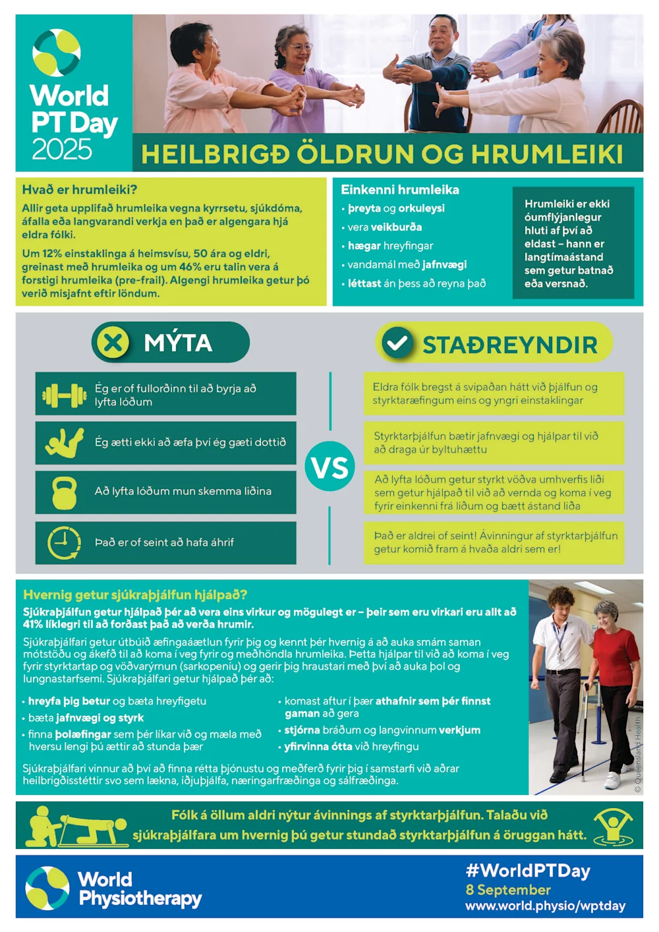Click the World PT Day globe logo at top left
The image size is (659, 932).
pyautogui.click(x=57, y=53)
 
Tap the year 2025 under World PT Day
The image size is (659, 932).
pyautogui.click(x=62, y=150)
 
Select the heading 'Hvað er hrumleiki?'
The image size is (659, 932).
pyautogui.click(x=80, y=190)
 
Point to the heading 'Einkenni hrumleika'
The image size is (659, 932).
pyautogui.click(x=400, y=190)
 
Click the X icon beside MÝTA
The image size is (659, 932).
pyautogui.click(x=113, y=343)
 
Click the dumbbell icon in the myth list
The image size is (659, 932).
pyautogui.click(x=65, y=395)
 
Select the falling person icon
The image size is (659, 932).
pyautogui.click(x=65, y=443)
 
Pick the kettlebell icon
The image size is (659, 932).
pyautogui.click(x=65, y=492)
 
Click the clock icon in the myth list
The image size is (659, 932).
pyautogui.click(x=64, y=542)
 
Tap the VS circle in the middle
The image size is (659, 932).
pyautogui.click(x=330, y=467)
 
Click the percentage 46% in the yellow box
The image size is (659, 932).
pyautogui.click(x=190, y=267)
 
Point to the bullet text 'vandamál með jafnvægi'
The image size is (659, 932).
pyautogui.click(x=407, y=264)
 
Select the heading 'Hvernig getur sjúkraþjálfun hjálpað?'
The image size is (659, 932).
pyautogui.click(x=135, y=595)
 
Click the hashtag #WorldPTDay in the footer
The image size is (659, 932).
pyautogui.click(x=528, y=871)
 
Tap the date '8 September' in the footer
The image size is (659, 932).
pyautogui.click(x=508, y=890)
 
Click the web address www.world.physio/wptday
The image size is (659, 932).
pyautogui.click(x=545, y=906)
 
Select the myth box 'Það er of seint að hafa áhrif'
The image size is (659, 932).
pyautogui.click(x=165, y=542)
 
